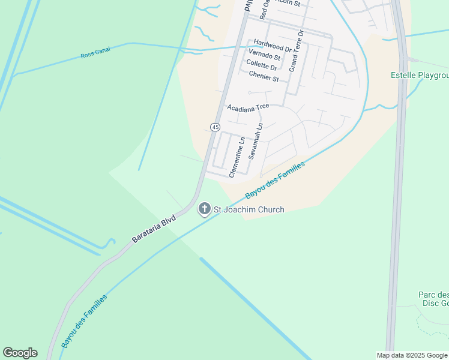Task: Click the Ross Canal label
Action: click(x=92, y=56)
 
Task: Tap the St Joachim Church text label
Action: click(x=249, y=209)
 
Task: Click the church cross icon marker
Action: click(x=204, y=209)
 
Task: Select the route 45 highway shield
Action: click(x=215, y=127)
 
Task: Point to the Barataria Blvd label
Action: click(x=154, y=229)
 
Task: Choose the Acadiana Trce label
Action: click(x=248, y=107)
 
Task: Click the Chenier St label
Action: click(x=264, y=77)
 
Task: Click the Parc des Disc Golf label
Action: click(x=433, y=298)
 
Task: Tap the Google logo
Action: click(x=20, y=353)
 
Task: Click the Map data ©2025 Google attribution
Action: click(x=412, y=355)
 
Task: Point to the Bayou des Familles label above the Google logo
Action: click(x=83, y=321)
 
